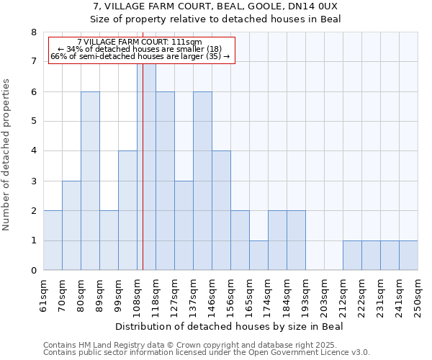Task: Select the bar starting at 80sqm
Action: pos(90,181)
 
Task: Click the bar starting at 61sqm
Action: pos(53,240)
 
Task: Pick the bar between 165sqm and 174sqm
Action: pos(258,255)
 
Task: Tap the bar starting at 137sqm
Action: pos(202,181)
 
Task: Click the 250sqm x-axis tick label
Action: pos(418,293)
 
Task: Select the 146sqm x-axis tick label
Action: pos(221,293)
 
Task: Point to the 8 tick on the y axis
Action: pos(33,32)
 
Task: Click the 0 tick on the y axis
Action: pos(33,271)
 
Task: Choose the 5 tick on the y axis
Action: pos(33,122)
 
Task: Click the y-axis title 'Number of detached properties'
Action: pos(7,155)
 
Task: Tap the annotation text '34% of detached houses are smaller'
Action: pos(140,49)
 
